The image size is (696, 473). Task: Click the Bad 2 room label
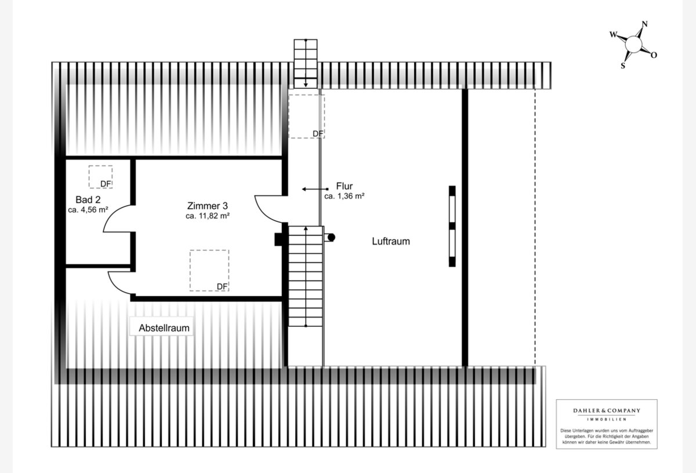(88, 199)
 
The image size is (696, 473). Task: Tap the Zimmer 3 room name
(207, 206)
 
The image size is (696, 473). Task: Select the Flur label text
(345, 186)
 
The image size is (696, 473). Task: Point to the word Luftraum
(391, 241)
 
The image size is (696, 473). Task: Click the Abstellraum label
(164, 328)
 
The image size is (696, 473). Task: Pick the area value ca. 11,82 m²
(207, 216)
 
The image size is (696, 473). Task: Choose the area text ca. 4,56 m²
(88, 210)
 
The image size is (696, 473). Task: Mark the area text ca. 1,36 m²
(345, 196)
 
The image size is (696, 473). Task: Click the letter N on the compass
(645, 24)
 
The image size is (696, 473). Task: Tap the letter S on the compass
(623, 66)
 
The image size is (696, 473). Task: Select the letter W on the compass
(613, 34)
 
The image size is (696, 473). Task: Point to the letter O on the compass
(654, 55)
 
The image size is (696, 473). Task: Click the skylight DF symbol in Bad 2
(101, 177)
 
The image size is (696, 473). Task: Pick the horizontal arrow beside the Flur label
(315, 189)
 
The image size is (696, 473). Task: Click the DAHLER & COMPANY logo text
(607, 410)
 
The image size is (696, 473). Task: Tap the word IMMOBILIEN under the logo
(607, 419)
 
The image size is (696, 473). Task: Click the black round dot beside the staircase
(332, 238)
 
